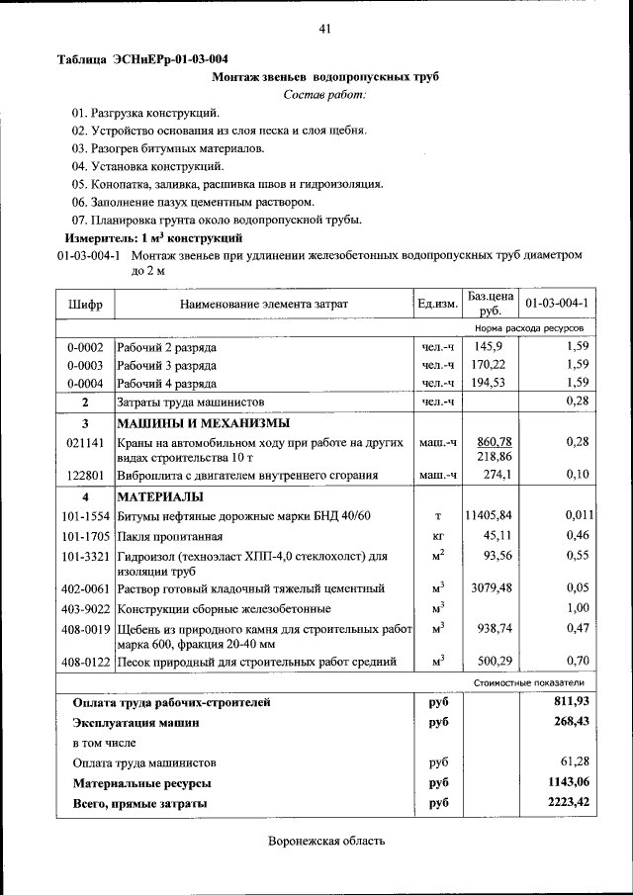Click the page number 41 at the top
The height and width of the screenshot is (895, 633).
point(323,29)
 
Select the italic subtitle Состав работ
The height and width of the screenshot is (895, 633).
point(324,95)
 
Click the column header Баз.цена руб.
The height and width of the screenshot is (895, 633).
point(491,303)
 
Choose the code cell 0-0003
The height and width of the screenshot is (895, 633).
point(85,365)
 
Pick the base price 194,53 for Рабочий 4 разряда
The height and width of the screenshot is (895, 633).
point(490,383)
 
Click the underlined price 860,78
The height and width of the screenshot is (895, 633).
point(494,441)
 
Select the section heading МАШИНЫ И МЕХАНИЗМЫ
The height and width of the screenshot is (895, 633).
point(190,423)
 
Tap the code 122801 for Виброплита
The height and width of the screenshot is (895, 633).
point(85,476)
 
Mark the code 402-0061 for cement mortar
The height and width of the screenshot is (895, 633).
point(85,588)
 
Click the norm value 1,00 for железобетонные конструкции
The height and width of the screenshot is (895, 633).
point(577,608)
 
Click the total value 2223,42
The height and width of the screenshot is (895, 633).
point(569,803)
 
